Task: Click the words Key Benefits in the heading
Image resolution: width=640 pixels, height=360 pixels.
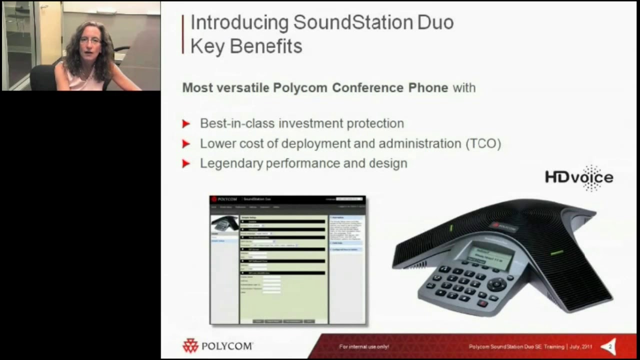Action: click(x=246, y=46)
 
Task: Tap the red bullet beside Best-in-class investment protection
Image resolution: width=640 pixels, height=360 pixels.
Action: click(x=186, y=124)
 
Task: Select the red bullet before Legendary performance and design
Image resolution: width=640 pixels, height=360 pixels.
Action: click(x=186, y=163)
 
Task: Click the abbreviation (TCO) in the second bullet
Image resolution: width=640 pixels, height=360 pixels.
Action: click(x=483, y=144)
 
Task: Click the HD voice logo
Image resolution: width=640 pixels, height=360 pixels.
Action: click(x=579, y=177)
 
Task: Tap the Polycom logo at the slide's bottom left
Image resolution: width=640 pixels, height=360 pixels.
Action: click(x=217, y=345)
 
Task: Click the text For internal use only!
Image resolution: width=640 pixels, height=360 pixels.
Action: click(x=364, y=346)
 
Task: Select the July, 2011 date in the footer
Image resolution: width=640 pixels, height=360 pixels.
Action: click(x=580, y=346)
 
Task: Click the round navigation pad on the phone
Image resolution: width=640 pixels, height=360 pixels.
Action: click(x=497, y=284)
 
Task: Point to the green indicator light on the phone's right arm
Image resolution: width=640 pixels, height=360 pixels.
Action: click(x=556, y=253)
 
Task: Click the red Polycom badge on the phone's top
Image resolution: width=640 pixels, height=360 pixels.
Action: click(x=504, y=226)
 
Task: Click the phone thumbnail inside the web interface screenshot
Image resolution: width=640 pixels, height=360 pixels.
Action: click(x=224, y=223)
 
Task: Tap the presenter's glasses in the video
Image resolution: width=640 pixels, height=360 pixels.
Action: click(x=90, y=40)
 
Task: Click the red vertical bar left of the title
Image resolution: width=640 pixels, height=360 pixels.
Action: click(x=183, y=34)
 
